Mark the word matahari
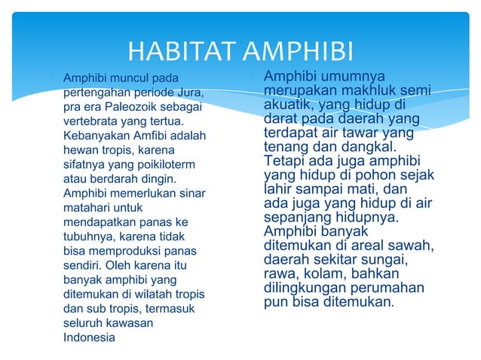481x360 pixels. (87, 207)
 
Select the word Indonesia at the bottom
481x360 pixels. (90, 337)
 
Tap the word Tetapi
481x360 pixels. (285, 161)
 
